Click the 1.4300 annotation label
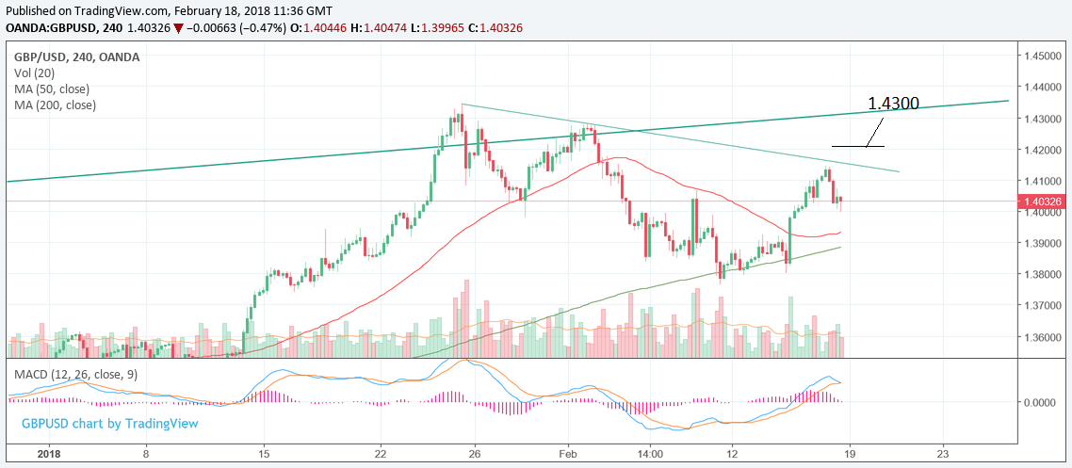[893, 103]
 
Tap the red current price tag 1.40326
[1044, 201]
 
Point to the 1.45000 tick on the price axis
[1044, 56]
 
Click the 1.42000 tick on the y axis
[1044, 150]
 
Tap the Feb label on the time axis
[568, 452]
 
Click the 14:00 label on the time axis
[650, 452]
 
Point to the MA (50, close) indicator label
[55, 89]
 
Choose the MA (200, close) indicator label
[57, 105]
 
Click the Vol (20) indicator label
[35, 73]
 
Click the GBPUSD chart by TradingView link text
[110, 424]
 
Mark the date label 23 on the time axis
[943, 452]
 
